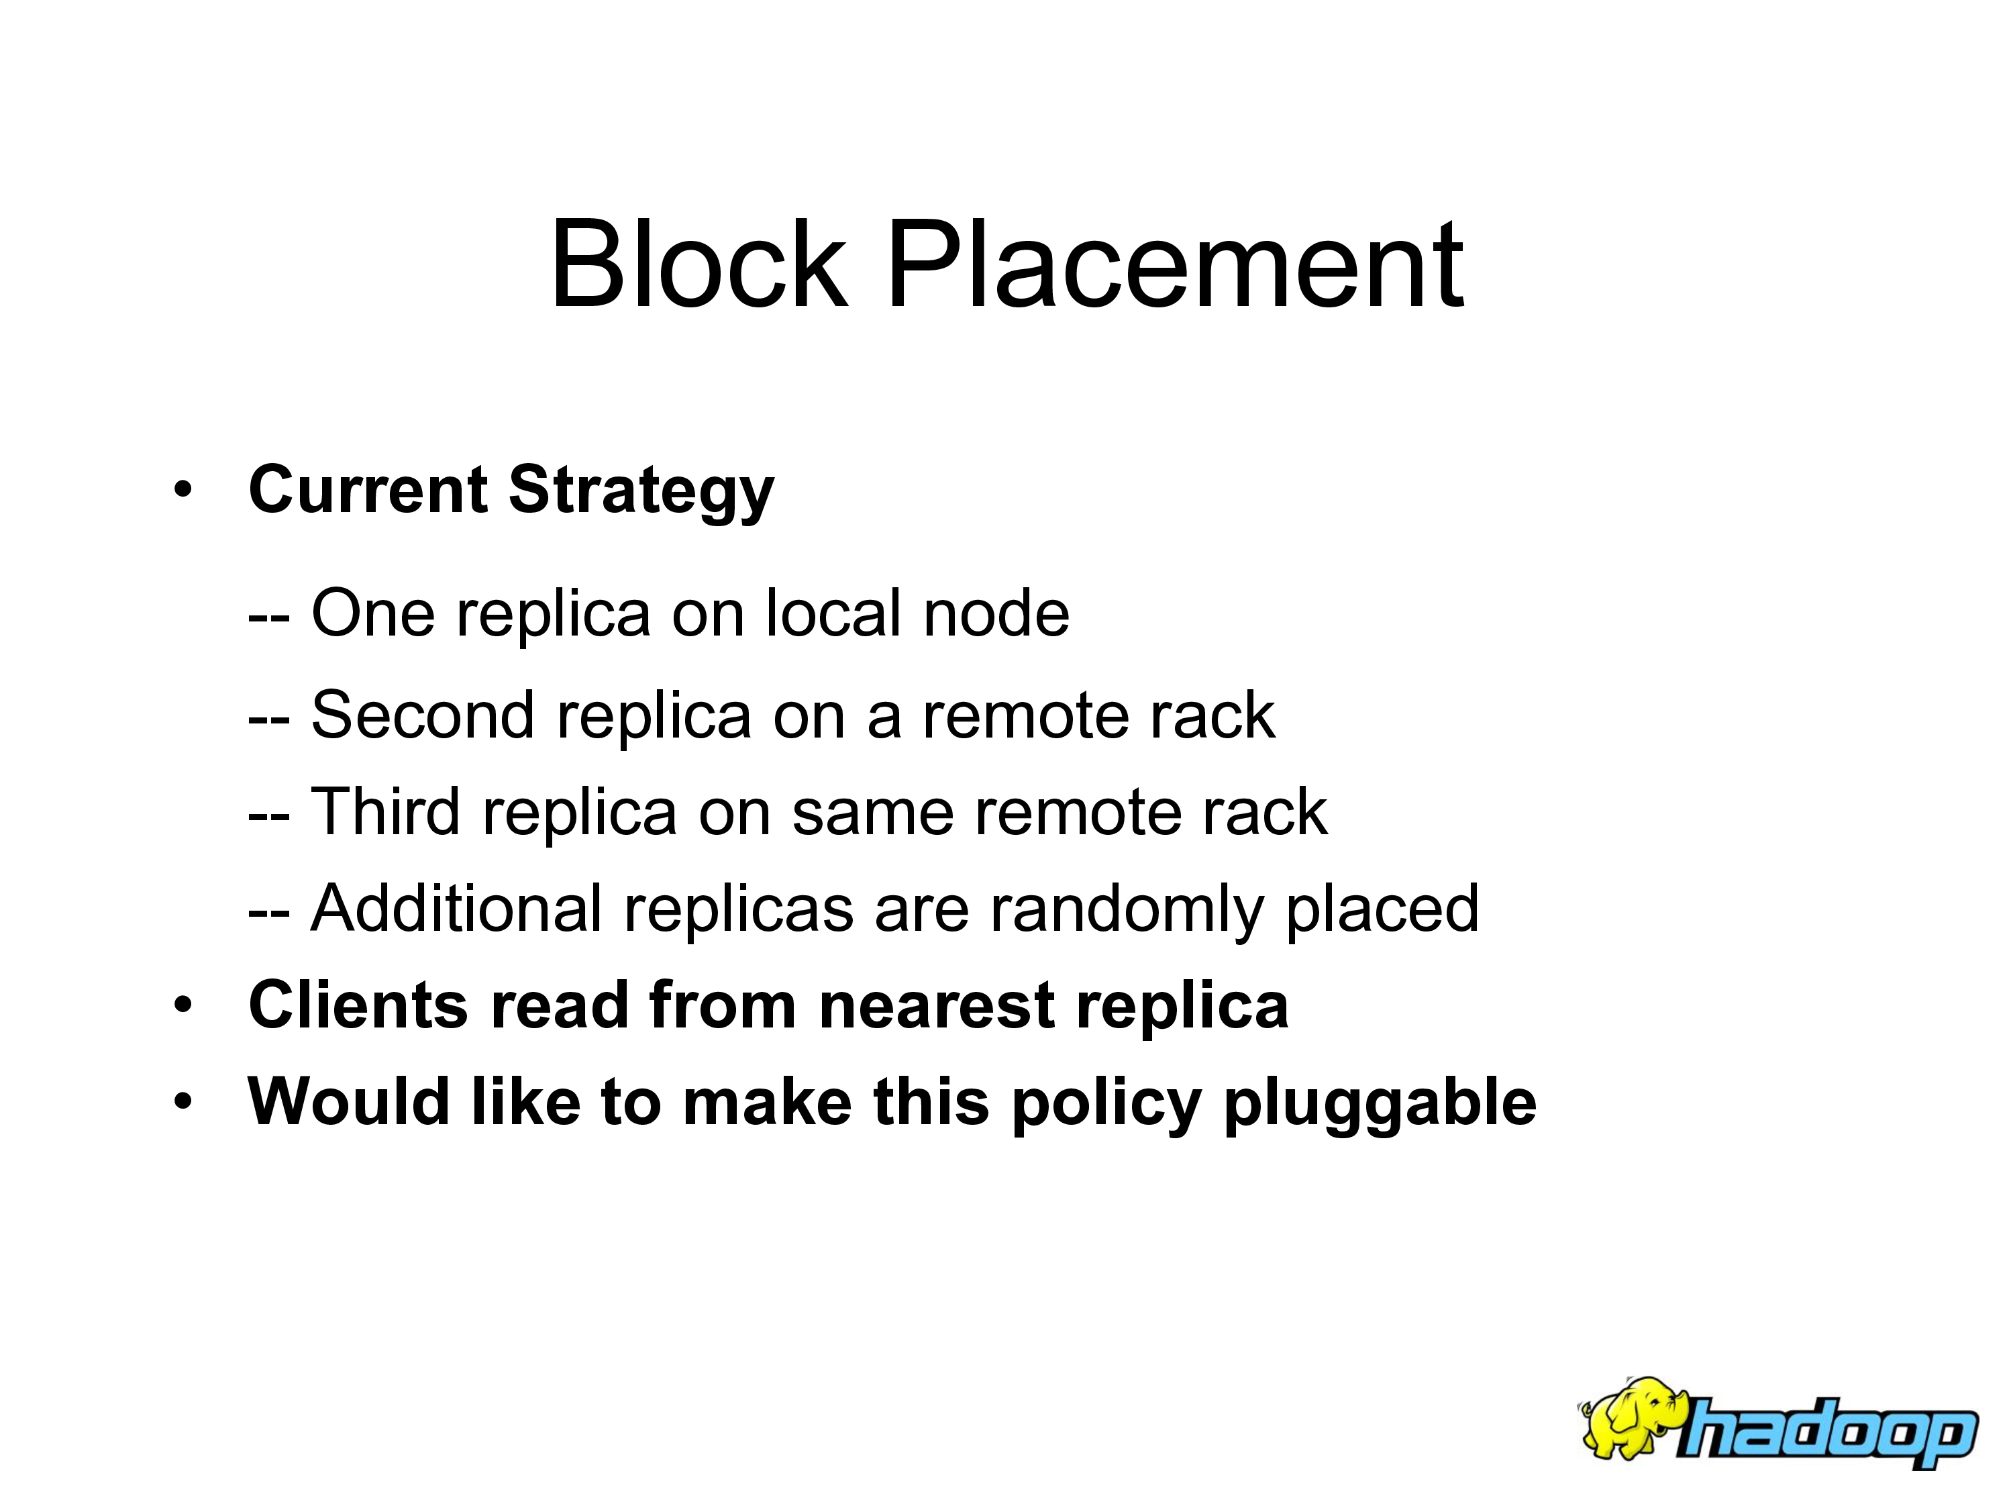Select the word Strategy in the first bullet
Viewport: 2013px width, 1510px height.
tap(641, 491)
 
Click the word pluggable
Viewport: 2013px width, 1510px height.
tap(1380, 1105)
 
